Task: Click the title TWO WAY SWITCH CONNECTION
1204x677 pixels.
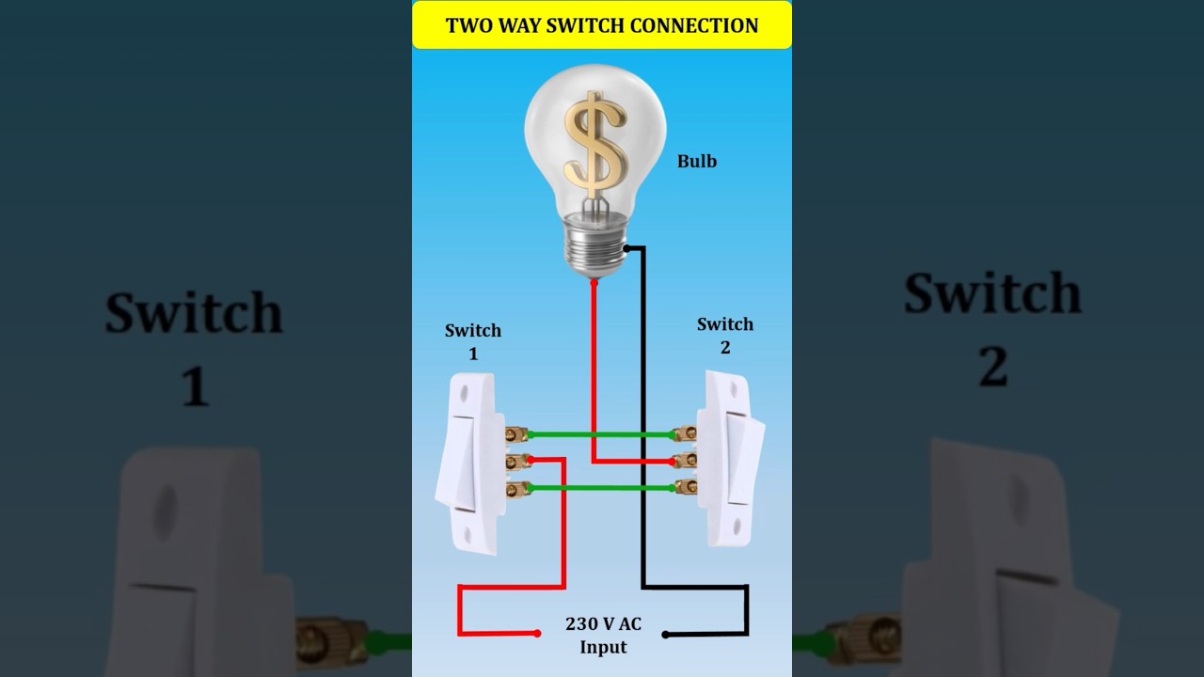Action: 602,25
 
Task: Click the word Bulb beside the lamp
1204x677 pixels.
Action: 697,162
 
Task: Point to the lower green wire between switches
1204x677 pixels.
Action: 602,488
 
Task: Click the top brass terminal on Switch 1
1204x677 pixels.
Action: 516,434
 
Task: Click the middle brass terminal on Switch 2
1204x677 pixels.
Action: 686,461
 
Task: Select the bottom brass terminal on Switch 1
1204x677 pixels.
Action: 516,488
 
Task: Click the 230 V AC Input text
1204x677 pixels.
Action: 603,635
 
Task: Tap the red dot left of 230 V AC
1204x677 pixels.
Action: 537,634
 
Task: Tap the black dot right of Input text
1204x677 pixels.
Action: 665,635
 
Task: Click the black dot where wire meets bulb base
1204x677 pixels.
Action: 626,249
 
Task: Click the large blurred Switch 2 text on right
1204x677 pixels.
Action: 992,329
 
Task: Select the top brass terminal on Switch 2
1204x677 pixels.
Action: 686,434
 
